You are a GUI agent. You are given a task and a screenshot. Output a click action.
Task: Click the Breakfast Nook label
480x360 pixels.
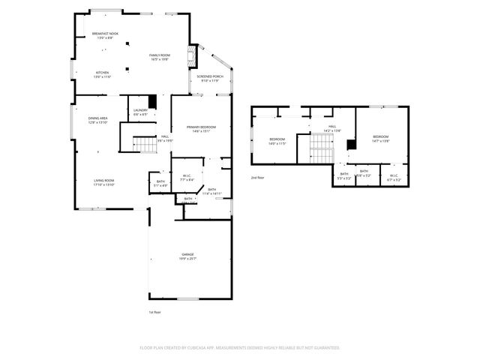point(105,34)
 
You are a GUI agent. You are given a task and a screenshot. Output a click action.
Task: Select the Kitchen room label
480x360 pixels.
point(102,74)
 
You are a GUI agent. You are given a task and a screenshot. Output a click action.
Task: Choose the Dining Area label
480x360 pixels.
point(98,118)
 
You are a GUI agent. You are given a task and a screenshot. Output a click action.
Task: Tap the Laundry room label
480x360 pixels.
point(140,111)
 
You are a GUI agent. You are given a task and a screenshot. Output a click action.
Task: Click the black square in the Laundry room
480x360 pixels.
point(152,101)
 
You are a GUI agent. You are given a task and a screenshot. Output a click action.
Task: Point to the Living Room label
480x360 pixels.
point(103,181)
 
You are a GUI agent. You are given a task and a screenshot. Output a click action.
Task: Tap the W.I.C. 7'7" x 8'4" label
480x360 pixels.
point(187,177)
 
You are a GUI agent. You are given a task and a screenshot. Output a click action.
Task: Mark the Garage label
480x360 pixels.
point(187,255)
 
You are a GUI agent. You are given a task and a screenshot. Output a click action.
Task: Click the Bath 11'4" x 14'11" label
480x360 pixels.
point(211,190)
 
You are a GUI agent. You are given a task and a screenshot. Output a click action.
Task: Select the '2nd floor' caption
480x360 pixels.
point(258,178)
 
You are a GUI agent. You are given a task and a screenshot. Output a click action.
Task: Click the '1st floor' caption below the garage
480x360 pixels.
point(154,311)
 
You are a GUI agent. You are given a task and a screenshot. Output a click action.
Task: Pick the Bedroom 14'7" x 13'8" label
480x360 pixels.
point(381,137)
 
